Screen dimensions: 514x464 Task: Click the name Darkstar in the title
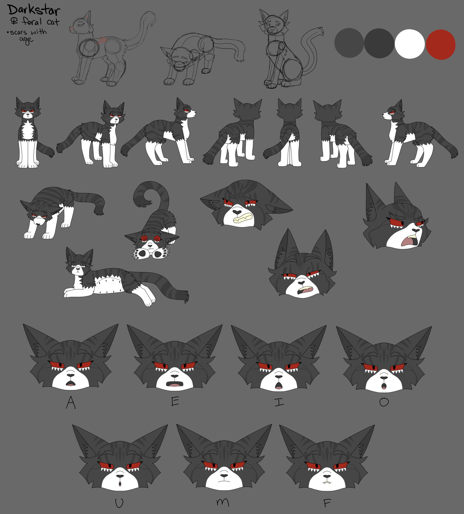click(34, 10)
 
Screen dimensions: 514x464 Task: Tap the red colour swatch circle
click(441, 45)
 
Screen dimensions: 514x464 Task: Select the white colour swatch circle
click(409, 44)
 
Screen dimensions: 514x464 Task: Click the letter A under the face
click(71, 403)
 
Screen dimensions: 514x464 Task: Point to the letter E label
click(175, 402)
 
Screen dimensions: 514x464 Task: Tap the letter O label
click(384, 402)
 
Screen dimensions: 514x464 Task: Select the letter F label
click(327, 503)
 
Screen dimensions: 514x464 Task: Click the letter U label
click(119, 503)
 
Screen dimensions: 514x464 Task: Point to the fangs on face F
click(327, 483)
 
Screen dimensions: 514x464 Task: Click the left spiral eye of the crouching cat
click(144, 238)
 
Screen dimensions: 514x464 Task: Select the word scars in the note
click(18, 32)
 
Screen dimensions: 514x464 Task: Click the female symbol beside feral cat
click(14, 22)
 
